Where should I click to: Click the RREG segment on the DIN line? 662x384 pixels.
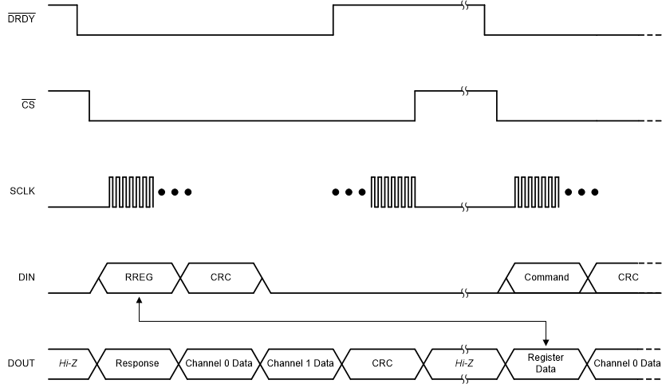point(139,278)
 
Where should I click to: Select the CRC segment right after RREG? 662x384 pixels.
point(221,278)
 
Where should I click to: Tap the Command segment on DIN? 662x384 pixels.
point(546,278)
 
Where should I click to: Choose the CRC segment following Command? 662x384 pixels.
point(628,278)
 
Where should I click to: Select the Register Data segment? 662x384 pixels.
point(546,363)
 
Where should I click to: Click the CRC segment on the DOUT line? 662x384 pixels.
point(384,363)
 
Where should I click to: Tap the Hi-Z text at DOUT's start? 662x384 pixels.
point(69,363)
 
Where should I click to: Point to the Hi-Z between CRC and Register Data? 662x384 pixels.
point(465,363)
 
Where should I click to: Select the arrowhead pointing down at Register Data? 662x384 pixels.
point(546,340)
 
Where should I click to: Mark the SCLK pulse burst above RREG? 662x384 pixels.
point(131,192)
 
